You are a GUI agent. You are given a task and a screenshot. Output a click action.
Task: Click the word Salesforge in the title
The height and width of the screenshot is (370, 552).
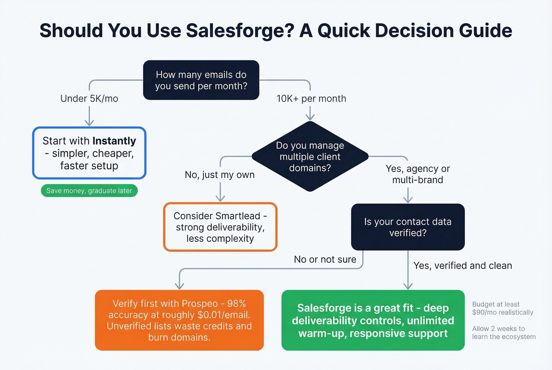(240, 31)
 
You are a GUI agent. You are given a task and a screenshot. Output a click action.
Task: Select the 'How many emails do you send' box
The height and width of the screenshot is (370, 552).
(201, 80)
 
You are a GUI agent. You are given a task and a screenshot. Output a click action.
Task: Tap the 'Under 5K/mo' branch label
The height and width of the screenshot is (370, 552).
(89, 99)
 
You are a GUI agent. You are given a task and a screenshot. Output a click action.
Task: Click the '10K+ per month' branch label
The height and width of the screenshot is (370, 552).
(311, 99)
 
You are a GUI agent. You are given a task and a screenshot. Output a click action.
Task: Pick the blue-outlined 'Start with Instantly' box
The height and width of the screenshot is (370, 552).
(89, 153)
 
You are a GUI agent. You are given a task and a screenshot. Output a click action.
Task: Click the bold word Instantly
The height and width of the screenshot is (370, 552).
(114, 141)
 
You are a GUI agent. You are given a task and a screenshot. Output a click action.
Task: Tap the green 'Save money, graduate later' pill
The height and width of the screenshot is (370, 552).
(89, 191)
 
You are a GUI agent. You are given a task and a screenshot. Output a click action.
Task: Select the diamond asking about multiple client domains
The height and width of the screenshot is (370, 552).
(310, 157)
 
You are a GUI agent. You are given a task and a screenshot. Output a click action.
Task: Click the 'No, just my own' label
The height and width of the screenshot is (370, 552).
(220, 175)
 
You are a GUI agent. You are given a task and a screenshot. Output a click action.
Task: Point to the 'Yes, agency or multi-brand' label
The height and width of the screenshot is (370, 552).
(418, 174)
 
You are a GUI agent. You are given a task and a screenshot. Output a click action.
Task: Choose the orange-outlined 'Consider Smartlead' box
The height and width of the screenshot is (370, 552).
(220, 227)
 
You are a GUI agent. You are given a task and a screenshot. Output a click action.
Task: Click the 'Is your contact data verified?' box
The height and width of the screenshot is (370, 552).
(408, 227)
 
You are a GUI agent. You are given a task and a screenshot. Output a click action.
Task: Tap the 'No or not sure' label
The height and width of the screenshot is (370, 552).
(325, 259)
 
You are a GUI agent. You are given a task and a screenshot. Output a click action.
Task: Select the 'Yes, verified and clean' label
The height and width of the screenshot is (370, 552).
(462, 266)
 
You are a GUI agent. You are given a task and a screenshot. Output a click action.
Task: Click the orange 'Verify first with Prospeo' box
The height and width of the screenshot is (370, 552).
(179, 320)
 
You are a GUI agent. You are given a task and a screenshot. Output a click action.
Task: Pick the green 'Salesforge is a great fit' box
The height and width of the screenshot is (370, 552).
(373, 320)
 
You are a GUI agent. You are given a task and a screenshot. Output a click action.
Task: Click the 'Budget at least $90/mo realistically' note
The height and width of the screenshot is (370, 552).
(502, 308)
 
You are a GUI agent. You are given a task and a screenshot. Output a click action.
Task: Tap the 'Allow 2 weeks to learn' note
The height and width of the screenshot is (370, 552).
(504, 333)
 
